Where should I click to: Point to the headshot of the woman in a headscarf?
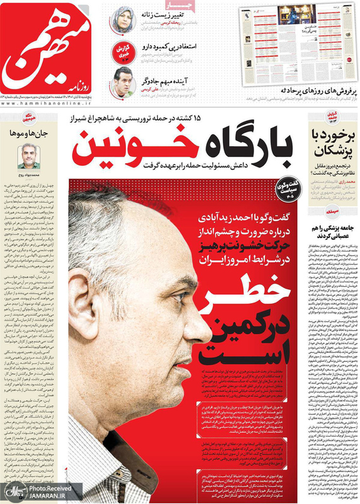(124, 20)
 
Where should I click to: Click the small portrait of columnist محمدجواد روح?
(28, 156)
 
